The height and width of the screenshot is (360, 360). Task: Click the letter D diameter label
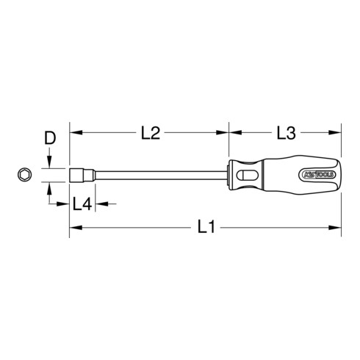(50, 137)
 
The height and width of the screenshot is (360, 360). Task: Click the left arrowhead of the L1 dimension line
(75, 229)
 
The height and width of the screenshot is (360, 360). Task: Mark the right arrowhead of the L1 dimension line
(339, 229)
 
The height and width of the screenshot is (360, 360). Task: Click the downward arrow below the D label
(50, 162)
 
